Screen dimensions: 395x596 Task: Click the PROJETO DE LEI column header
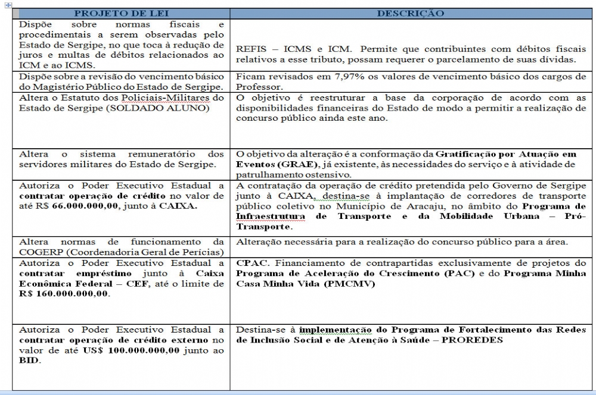(x=122, y=13)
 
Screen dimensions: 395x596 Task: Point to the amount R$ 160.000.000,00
(x=64, y=294)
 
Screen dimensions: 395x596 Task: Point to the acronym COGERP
(x=40, y=252)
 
